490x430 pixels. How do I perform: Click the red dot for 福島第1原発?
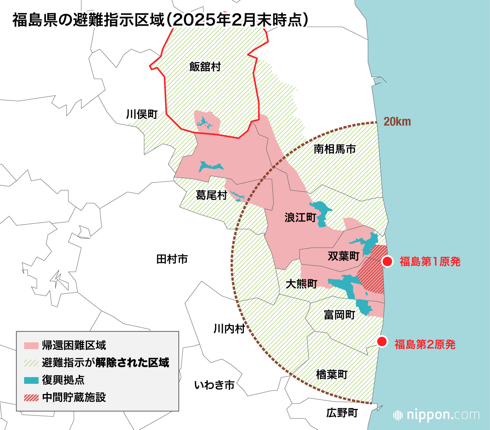point(387,262)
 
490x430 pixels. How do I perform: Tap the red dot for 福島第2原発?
point(382,342)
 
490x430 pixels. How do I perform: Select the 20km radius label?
point(397,122)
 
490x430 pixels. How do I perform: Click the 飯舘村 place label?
point(205,67)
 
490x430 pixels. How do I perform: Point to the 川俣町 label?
point(142,114)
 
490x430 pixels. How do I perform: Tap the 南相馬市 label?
point(335,149)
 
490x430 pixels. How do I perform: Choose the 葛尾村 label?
point(211,195)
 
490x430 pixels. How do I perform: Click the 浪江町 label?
point(300,218)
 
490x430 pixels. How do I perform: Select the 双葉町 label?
point(343,256)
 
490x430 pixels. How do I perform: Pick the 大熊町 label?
point(302,284)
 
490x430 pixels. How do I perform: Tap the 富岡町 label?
point(340,315)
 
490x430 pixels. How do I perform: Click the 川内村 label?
point(229,329)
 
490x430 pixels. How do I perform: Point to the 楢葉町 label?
point(332,374)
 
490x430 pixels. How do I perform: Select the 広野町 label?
point(342,413)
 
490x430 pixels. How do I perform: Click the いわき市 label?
point(214,385)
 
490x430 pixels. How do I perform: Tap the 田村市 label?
point(172,259)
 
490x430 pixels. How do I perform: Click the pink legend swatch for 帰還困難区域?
point(31,345)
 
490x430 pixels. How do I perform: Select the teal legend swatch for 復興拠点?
point(31,380)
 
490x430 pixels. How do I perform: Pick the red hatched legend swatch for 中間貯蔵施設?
point(31,397)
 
